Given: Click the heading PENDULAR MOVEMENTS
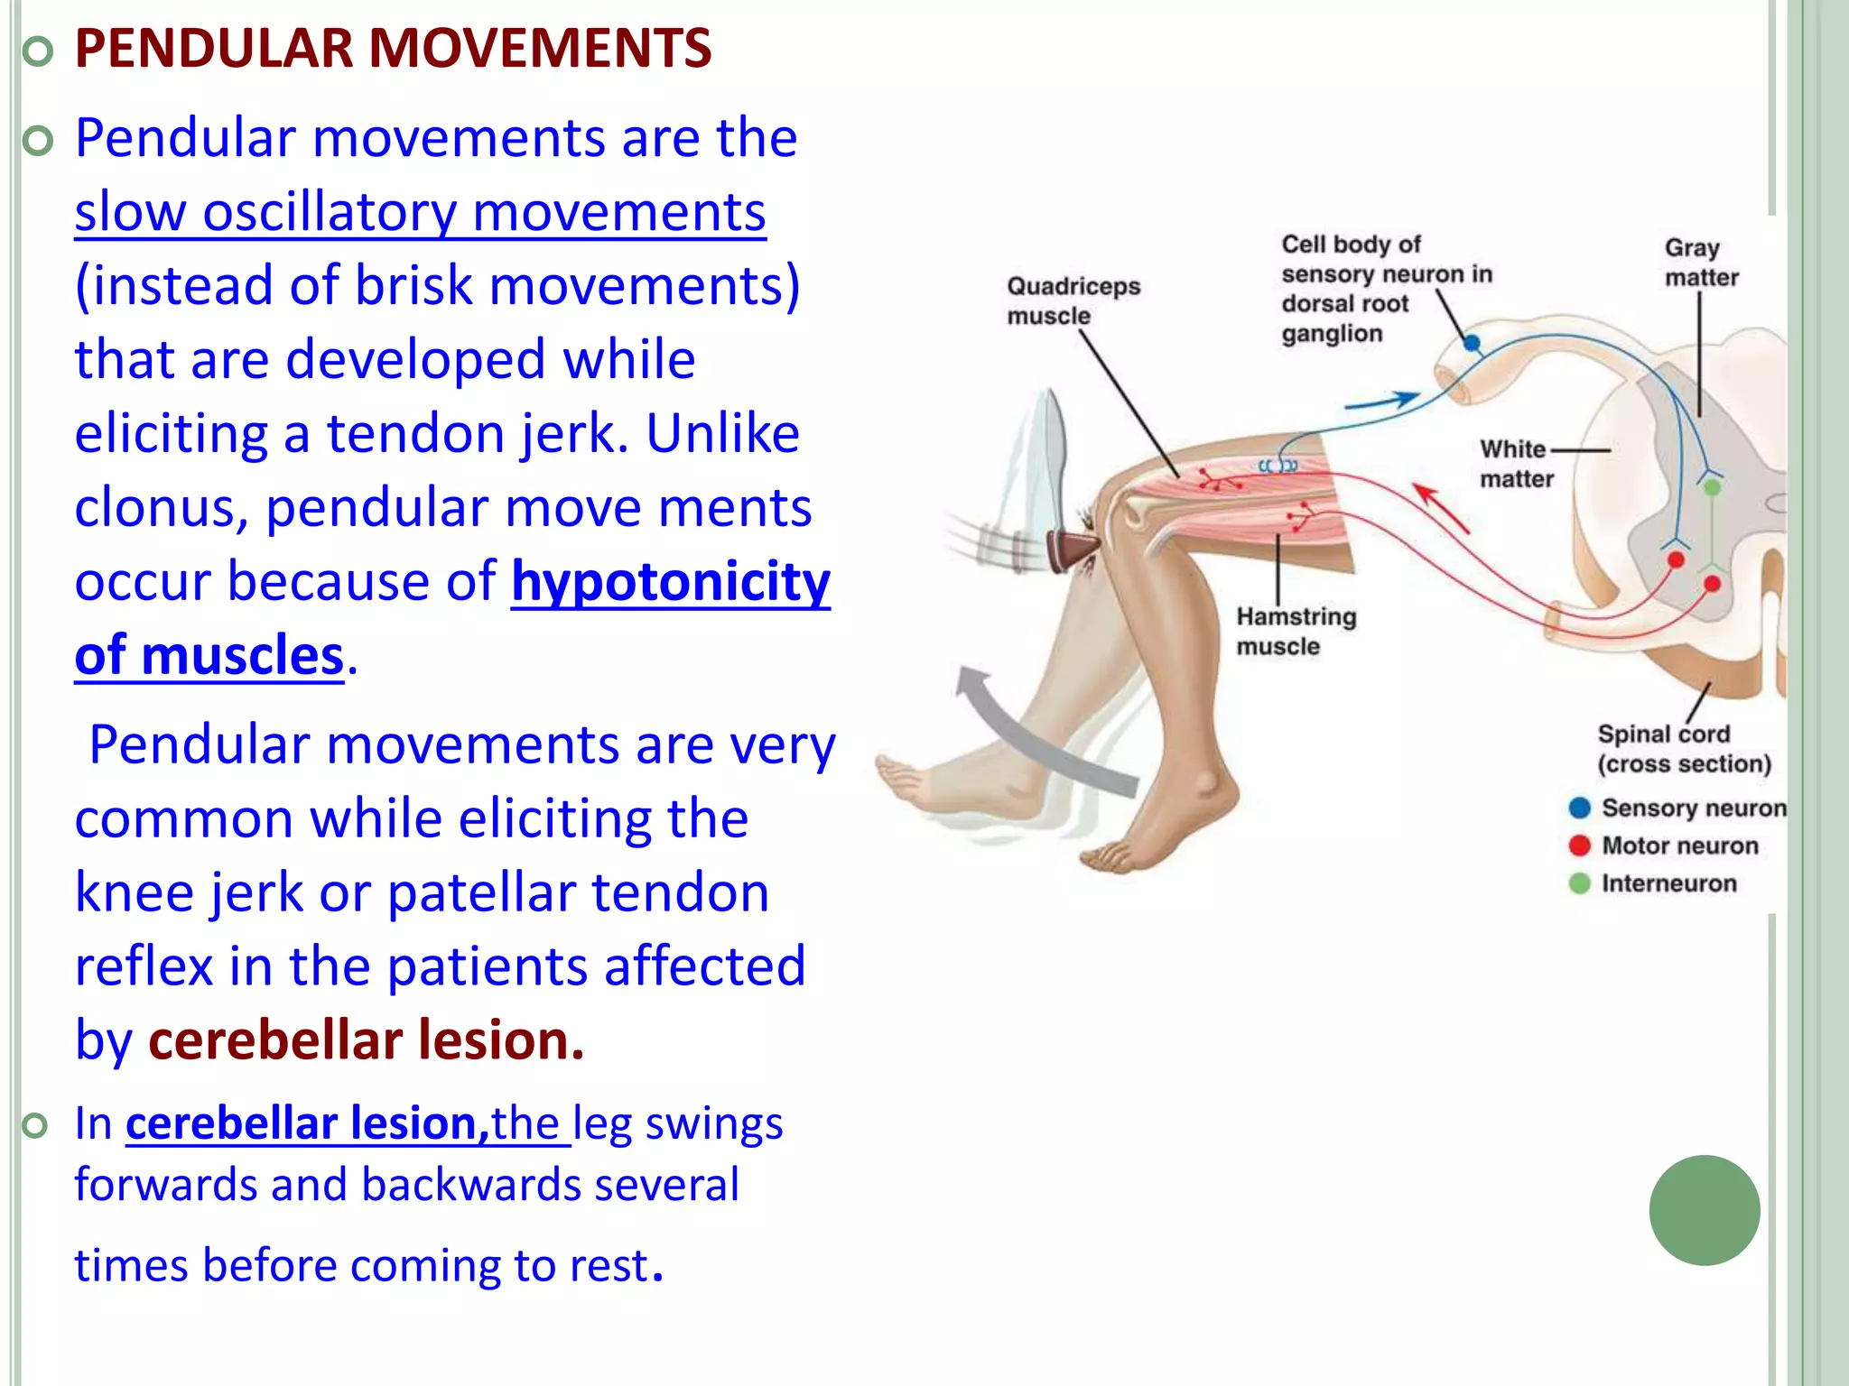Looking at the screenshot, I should (x=393, y=49).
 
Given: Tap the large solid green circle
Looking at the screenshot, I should (x=1704, y=1210).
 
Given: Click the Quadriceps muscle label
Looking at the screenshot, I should (x=1073, y=300).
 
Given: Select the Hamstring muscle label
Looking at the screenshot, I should (x=1296, y=631).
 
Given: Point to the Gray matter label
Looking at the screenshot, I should (x=1701, y=262).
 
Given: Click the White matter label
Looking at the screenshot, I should (x=1516, y=463).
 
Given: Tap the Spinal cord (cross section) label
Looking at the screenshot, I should (x=1683, y=748).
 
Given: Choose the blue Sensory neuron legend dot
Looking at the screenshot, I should (x=1579, y=808).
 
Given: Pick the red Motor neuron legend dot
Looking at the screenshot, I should (x=1579, y=845).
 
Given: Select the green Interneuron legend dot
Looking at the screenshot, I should (x=1579, y=883).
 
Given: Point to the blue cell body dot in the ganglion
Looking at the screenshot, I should (x=1472, y=343).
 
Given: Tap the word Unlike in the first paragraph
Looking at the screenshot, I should (x=722, y=433).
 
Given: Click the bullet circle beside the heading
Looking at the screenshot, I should (x=37, y=52).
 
